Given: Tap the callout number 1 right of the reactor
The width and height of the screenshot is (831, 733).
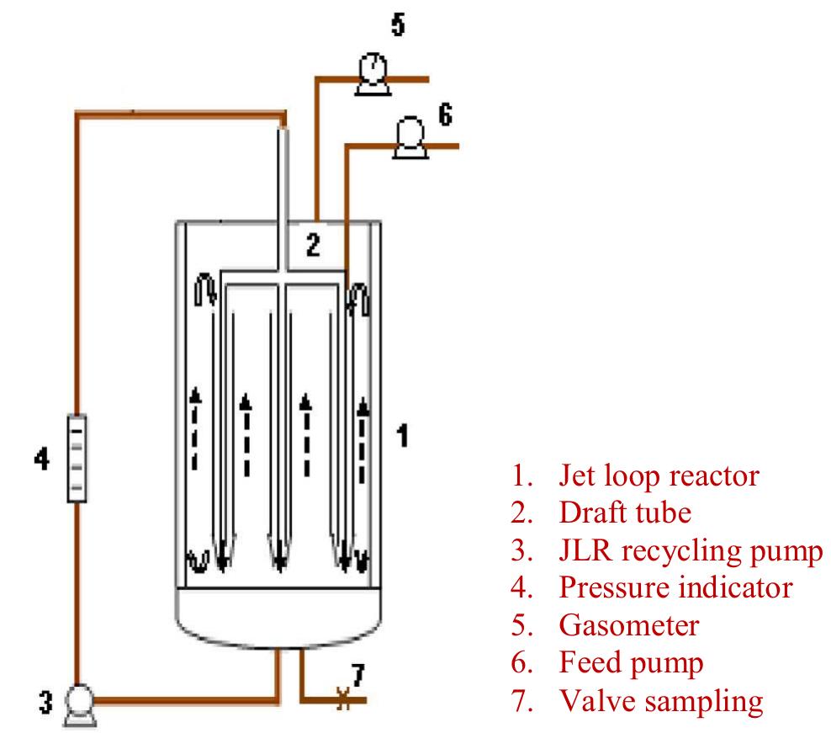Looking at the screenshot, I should (402, 436).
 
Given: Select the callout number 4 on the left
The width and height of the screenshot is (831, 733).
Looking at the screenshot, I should (40, 462).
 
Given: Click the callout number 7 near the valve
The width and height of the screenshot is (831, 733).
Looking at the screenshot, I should (357, 673).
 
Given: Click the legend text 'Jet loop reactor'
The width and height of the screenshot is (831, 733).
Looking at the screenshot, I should (659, 476).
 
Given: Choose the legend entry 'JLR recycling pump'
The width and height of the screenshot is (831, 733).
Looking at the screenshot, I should (691, 551).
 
